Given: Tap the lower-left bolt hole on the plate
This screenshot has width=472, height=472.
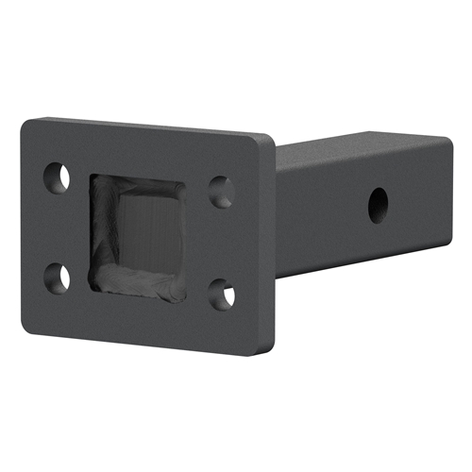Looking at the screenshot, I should pyautogui.click(x=58, y=277).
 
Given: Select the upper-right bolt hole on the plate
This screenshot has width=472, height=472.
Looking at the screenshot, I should pyautogui.click(x=220, y=192).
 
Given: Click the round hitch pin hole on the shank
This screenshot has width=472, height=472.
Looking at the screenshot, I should pyautogui.click(x=378, y=201).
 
